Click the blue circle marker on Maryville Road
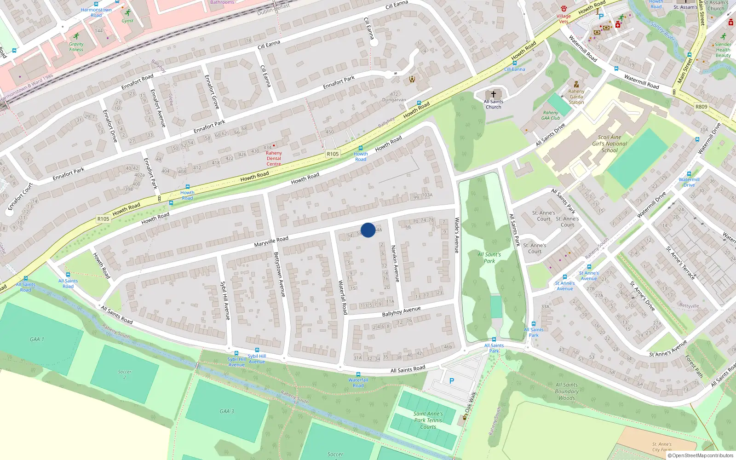click(368, 230)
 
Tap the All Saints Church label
click(493, 104)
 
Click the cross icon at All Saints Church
click(494, 94)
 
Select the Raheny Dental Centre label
click(274, 158)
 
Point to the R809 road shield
click(701, 107)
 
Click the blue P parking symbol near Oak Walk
click(451, 381)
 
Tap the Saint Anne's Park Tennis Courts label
click(428, 420)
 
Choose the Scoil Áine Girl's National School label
click(609, 144)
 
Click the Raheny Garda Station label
click(576, 97)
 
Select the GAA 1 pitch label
click(37, 339)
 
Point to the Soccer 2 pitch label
click(124, 374)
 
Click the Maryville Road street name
click(271, 241)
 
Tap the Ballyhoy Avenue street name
click(401, 311)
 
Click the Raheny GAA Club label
click(551, 115)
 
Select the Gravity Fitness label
click(76, 47)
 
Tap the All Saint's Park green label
click(489, 258)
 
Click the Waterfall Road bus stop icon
click(358, 374)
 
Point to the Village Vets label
click(563, 18)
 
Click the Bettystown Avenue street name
click(279, 274)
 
